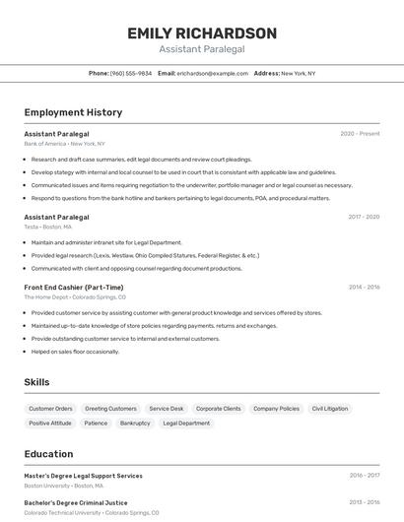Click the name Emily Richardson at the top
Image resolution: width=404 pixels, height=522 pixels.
click(202, 33)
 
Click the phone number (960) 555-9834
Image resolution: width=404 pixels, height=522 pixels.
click(131, 73)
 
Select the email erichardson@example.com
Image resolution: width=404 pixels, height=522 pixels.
click(213, 73)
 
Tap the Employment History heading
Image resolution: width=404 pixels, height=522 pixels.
click(73, 112)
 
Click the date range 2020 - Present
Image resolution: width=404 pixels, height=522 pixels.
click(360, 134)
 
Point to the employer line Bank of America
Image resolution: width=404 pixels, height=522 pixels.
click(64, 144)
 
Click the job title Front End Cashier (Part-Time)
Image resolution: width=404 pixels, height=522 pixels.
click(74, 287)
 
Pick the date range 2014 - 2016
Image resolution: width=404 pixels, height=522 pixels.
click(364, 287)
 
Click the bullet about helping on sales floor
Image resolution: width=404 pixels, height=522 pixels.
click(75, 352)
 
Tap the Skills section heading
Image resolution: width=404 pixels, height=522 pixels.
click(36, 382)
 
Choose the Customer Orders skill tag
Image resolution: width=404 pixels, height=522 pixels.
click(50, 409)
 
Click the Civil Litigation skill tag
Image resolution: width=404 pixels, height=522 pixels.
click(330, 409)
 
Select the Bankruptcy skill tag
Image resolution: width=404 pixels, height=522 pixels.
click(135, 424)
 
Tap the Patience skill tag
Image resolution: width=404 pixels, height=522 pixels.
click(96, 424)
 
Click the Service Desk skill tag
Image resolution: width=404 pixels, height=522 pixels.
click(167, 409)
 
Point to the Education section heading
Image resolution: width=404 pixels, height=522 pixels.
click(48, 454)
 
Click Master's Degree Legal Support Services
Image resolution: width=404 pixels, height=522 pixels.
click(83, 476)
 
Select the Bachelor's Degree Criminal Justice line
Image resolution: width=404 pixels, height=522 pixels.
click(77, 502)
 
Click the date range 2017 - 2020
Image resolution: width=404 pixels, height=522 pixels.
click(364, 217)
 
